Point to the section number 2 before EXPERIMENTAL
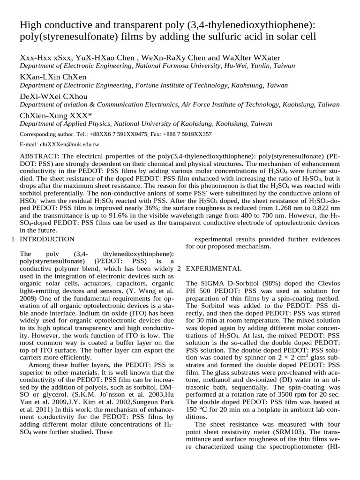179,269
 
